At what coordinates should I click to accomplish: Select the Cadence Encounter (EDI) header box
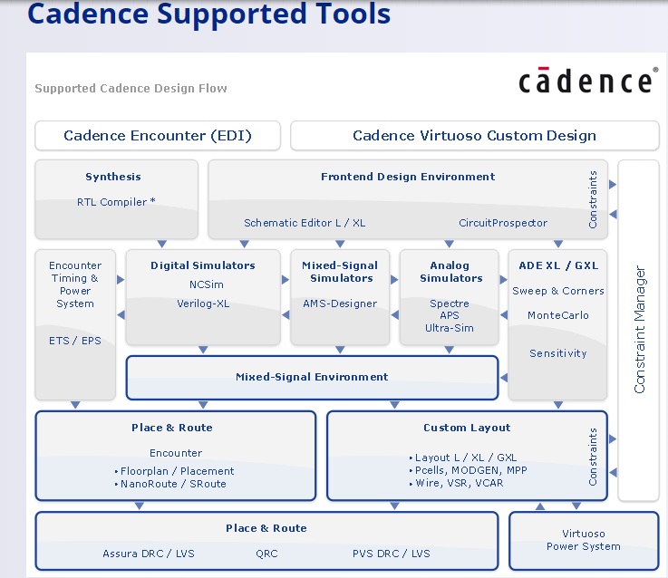click(x=158, y=136)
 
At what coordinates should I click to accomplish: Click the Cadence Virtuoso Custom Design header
click(x=474, y=136)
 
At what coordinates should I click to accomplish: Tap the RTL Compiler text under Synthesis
click(x=115, y=202)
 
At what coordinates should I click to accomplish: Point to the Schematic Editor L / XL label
click(x=305, y=223)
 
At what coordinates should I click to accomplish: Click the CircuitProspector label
click(x=503, y=223)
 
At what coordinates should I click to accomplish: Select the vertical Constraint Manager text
click(x=639, y=329)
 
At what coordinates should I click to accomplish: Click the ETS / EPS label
click(x=75, y=341)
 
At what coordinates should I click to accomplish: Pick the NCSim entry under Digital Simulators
click(x=203, y=284)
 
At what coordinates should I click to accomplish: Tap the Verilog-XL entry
click(x=203, y=303)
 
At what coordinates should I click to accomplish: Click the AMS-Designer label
click(x=340, y=303)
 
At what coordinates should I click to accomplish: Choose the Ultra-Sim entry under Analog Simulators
click(x=450, y=328)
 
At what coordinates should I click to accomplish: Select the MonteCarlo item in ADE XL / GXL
click(x=557, y=315)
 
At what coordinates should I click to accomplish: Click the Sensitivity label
click(x=557, y=353)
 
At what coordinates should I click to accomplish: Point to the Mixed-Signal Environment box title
click(x=312, y=377)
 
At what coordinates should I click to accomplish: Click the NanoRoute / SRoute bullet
click(x=174, y=484)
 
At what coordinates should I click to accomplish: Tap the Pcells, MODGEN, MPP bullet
click(x=468, y=470)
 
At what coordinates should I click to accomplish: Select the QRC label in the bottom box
click(x=266, y=554)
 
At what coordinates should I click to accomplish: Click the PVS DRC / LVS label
click(x=391, y=554)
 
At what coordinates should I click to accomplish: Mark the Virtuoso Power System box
click(x=583, y=541)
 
